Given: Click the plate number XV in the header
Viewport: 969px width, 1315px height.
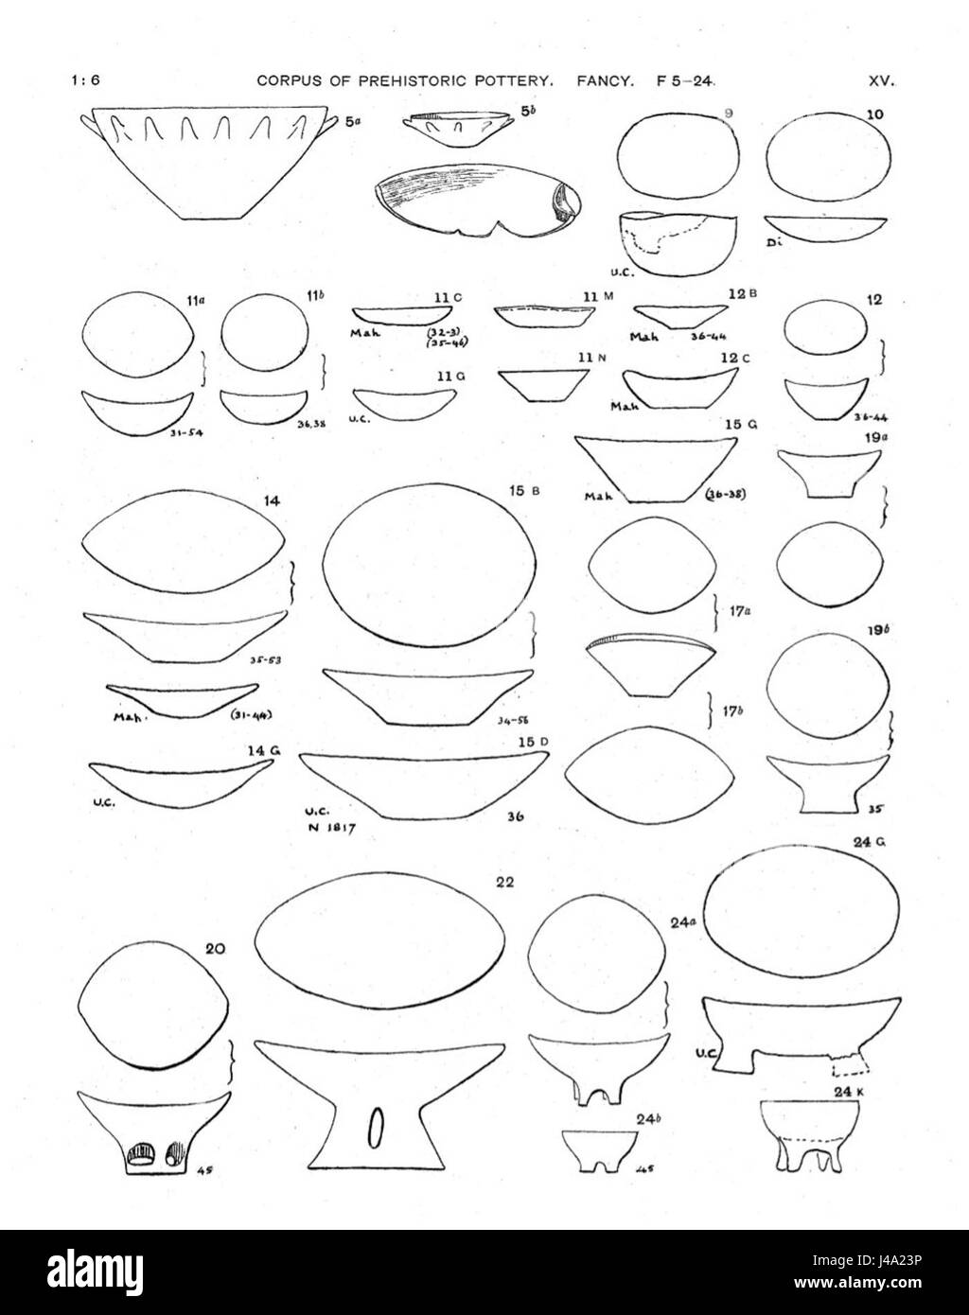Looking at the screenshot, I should pyautogui.click(x=881, y=81).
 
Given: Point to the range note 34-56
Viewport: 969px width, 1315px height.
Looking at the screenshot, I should pyautogui.click(x=511, y=721).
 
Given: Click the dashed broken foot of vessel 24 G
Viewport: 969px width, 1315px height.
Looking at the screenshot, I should pyautogui.click(x=849, y=1066).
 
